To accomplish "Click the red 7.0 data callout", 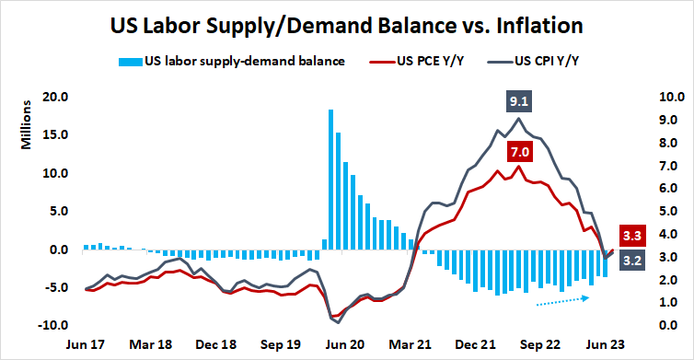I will coord(519,151).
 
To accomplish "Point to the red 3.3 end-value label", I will coord(634,234).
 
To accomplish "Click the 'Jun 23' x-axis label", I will coord(607,344).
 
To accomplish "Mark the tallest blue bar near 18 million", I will coord(330,180).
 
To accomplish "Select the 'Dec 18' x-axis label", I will coord(216,344).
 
